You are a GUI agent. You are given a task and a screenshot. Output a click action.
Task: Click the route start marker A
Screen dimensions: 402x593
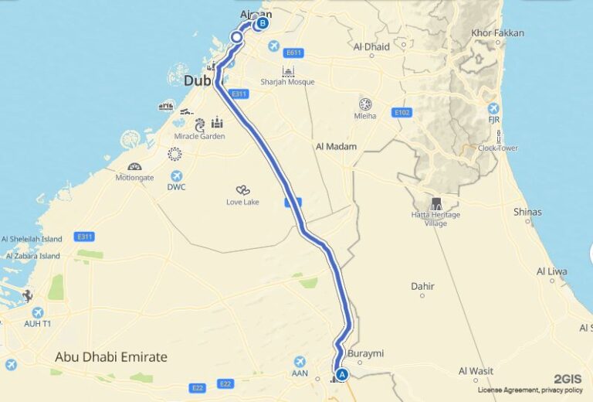[343, 374]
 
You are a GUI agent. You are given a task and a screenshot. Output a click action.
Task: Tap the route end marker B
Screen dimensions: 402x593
[263, 23]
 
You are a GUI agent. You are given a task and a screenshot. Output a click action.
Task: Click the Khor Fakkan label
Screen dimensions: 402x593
[498, 33]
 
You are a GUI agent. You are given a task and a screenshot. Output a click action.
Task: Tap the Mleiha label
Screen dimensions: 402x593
[365, 116]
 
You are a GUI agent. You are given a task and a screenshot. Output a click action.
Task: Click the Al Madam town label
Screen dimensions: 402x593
[337, 147]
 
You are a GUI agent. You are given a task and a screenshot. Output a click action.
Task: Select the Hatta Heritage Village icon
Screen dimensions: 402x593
[437, 204]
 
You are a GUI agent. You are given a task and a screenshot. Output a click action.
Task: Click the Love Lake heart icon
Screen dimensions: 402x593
[242, 190]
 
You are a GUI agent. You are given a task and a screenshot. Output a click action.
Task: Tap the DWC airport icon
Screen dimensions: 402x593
[177, 175]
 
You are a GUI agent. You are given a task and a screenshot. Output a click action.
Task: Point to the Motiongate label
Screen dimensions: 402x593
[134, 177]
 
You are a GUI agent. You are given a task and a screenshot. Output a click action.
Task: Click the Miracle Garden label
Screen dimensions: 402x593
[199, 136]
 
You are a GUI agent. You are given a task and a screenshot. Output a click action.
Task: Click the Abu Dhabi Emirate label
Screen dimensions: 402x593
[111, 357]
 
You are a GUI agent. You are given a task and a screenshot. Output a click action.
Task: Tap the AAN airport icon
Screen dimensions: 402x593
[301, 361]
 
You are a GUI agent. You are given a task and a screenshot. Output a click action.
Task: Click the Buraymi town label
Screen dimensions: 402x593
[366, 354]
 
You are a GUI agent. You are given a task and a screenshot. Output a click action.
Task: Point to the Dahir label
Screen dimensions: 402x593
[422, 286]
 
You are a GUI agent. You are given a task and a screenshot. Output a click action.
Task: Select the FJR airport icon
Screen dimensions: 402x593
[493, 109]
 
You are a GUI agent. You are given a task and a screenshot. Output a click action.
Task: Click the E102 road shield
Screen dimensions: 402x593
[402, 112]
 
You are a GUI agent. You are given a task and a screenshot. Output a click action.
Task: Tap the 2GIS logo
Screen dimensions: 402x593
[568, 379]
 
